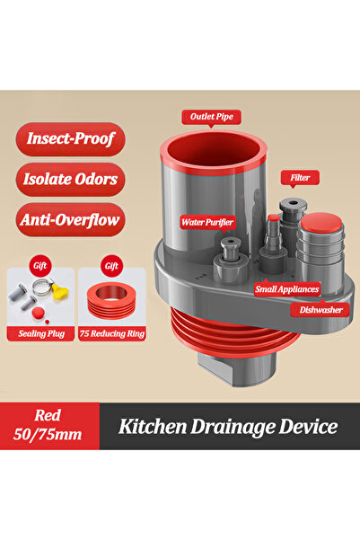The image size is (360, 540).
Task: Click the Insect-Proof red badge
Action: tap(70, 138)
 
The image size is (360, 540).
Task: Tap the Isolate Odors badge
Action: tap(70, 180)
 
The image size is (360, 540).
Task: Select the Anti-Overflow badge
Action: tap(70, 220)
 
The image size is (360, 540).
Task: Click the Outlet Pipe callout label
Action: tap(211, 117)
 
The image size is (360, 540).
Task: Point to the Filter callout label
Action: tap(300, 178)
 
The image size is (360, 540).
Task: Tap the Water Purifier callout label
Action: tap(207, 223)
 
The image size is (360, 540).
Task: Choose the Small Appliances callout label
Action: tap(286, 289)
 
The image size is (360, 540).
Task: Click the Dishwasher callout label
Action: tap(320, 310)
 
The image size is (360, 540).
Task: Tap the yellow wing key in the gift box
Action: tap(60, 291)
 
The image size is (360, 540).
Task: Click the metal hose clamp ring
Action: tap(43, 287)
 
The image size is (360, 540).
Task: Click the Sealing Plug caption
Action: tap(41, 333)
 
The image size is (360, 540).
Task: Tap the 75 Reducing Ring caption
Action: tap(112, 333)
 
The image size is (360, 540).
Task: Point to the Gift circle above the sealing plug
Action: tap(40, 266)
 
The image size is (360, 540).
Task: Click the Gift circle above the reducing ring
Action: tap(111, 266)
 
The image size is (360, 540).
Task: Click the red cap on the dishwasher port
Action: tap(321, 222)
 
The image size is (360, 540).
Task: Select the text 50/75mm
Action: tap(48, 435)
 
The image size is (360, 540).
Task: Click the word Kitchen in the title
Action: tap(153, 427)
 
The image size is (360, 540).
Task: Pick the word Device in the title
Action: tap(308, 427)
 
